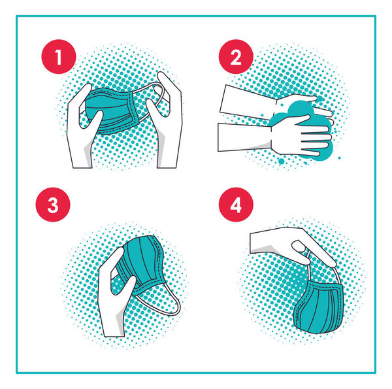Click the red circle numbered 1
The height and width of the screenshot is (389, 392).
point(59,57)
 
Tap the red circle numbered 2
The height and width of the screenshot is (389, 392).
point(236,57)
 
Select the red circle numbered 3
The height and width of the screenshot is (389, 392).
point(53,205)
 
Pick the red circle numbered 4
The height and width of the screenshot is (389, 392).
point(236,205)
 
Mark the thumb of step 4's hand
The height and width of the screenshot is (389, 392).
point(302,252)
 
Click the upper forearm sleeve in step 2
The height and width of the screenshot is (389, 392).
point(248,102)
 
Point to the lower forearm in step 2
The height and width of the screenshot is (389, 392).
point(245,137)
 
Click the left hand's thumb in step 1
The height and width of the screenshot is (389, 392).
point(93,122)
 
